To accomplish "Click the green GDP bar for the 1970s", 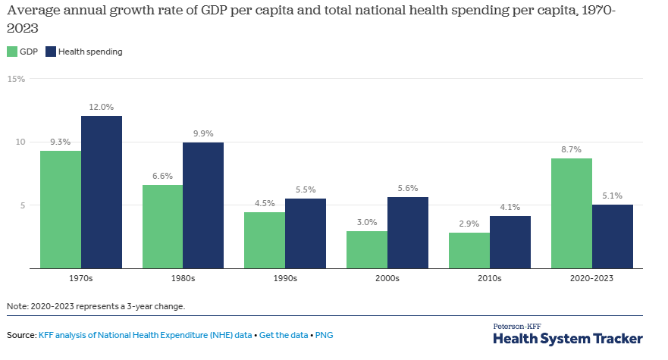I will pyautogui.click(x=61, y=209).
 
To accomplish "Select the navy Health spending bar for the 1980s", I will pyautogui.click(x=203, y=205).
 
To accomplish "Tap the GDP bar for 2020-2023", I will pyautogui.click(x=572, y=213).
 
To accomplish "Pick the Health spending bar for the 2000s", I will pyautogui.click(x=408, y=233).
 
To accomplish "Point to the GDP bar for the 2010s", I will pyautogui.click(x=469, y=250).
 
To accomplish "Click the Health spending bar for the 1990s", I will pyautogui.click(x=306, y=233).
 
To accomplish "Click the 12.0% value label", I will pyautogui.click(x=102, y=108).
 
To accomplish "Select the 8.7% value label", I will pyautogui.click(x=572, y=150).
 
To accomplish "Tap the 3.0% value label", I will pyautogui.click(x=367, y=223).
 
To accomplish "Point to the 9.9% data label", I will pyautogui.click(x=203, y=134).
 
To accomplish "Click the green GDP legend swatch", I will pyautogui.click(x=12, y=52).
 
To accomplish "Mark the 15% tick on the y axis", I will pyautogui.click(x=17, y=79).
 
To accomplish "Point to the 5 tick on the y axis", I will pyautogui.click(x=23, y=205).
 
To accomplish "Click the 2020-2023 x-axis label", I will pyautogui.click(x=592, y=278).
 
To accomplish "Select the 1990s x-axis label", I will pyautogui.click(x=285, y=278).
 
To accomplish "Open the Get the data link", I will pyautogui.click(x=284, y=334).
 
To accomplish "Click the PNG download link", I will pyautogui.click(x=324, y=334).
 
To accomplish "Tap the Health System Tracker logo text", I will pyautogui.click(x=568, y=338).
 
